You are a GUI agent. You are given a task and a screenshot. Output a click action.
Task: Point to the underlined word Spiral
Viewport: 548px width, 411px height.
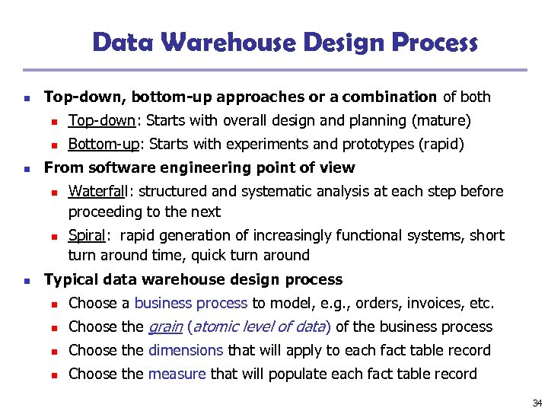[x=84, y=235]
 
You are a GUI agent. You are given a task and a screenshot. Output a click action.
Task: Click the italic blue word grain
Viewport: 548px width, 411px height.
[x=164, y=327]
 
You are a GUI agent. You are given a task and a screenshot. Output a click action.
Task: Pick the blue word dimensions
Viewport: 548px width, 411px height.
[x=186, y=350]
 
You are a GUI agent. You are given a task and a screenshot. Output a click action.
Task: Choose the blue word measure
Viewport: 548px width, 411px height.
[x=177, y=374]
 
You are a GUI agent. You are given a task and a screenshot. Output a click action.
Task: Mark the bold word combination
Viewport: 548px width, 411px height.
[x=390, y=97]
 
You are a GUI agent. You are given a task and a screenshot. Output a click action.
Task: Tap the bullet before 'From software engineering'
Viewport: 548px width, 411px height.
[x=27, y=168]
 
